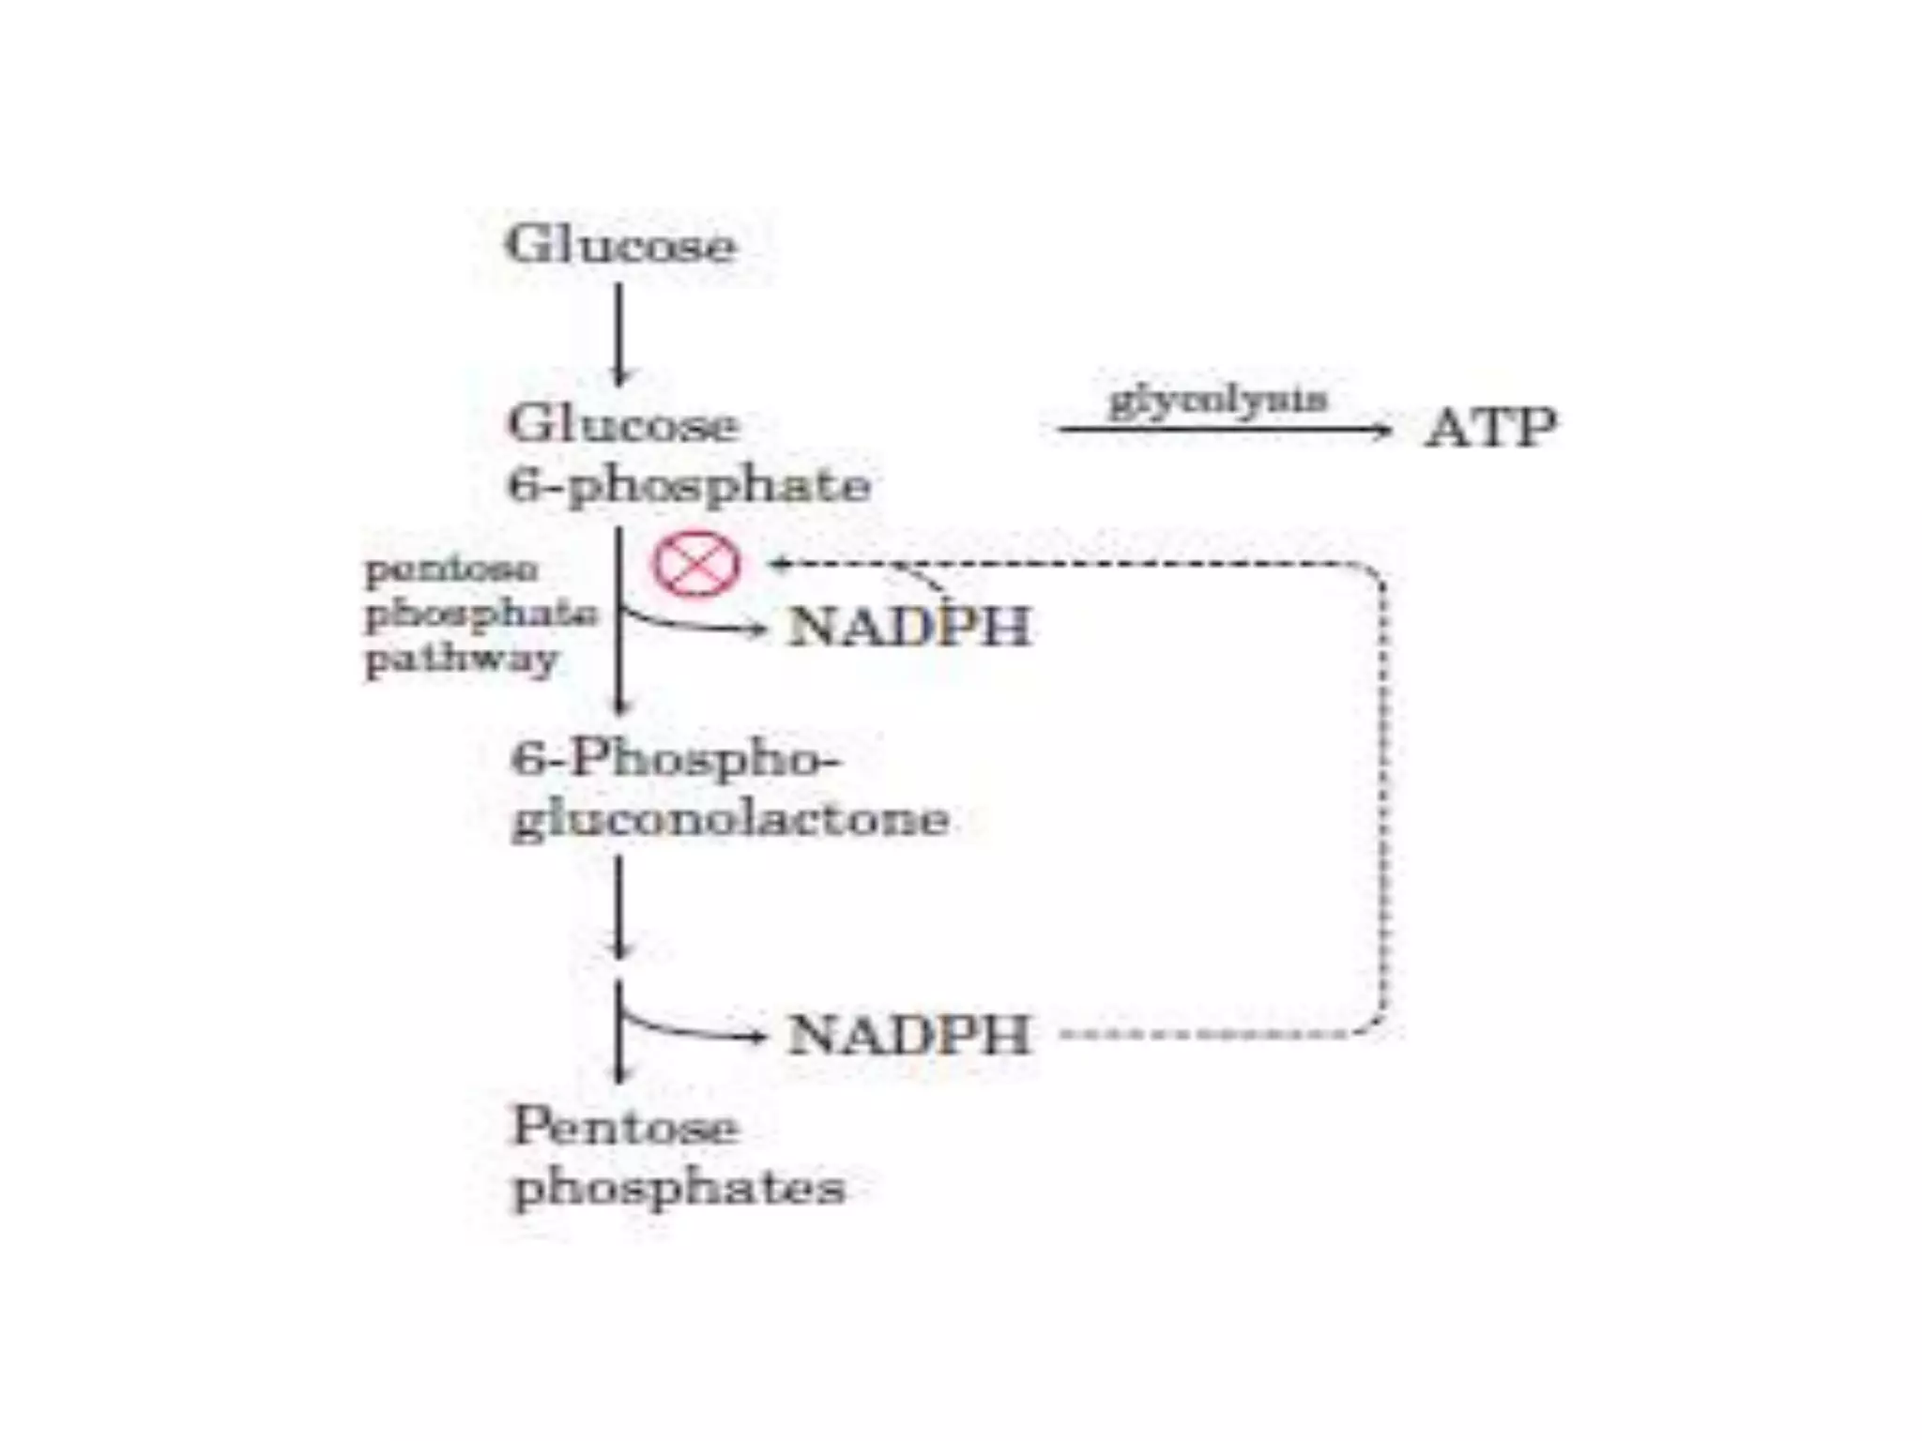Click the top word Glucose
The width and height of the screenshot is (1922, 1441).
coord(620,245)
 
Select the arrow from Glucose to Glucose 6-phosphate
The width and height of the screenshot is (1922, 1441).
coord(618,333)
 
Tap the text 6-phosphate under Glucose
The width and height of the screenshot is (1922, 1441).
coord(689,486)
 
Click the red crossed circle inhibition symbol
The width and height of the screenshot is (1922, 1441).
coord(696,564)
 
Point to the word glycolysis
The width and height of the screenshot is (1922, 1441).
coord(1218,401)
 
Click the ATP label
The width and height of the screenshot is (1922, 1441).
coord(1490,429)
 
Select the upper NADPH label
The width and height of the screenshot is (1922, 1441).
coord(909,627)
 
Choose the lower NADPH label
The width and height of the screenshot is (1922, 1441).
coord(909,1035)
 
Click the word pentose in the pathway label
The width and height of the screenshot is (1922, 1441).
coord(451,569)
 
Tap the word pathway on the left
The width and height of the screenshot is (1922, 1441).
coord(461,659)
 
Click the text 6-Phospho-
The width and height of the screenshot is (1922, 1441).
coord(676,758)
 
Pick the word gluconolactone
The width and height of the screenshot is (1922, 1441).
coord(730,819)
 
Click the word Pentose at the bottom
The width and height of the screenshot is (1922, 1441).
coord(625,1126)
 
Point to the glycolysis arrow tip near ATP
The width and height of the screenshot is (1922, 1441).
coord(1384,431)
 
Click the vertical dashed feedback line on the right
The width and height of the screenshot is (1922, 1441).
coord(1383,797)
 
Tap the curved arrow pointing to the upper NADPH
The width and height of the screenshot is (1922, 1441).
coord(694,624)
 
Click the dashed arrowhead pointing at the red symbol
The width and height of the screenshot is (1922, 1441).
coord(777,564)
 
